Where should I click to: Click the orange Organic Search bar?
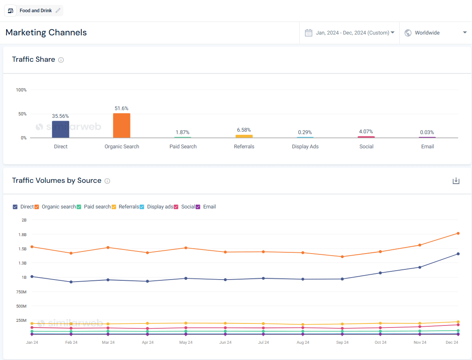[x=121, y=126]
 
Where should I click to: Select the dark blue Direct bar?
[x=61, y=129]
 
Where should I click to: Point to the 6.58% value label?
[x=244, y=130]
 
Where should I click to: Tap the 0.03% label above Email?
[x=427, y=132]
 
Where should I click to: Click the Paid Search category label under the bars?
[x=183, y=147]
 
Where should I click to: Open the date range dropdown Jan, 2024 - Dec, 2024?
[x=350, y=33]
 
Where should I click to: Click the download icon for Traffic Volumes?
[x=456, y=181]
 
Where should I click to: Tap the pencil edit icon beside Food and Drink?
[x=58, y=11]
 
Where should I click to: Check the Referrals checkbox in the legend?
[x=114, y=207]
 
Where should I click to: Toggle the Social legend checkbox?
[x=176, y=207]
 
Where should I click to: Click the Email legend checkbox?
[x=198, y=207]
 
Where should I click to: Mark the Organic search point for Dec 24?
[x=458, y=233]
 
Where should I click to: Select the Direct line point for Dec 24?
[x=458, y=254]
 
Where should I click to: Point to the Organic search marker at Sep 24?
[x=342, y=257]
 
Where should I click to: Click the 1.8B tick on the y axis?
[x=22, y=234]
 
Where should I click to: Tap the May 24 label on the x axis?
[x=186, y=343]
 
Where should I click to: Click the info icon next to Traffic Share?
[x=61, y=60]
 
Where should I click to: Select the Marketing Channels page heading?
[x=46, y=33]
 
